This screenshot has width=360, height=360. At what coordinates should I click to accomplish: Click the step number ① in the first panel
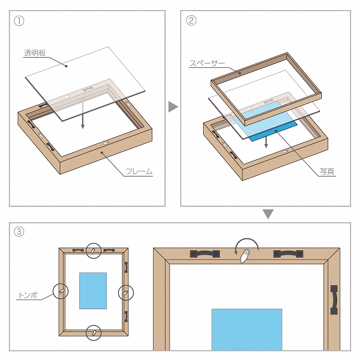19,21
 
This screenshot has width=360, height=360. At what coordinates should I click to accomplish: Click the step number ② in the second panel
191,20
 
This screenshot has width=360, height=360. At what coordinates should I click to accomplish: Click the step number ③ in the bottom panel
19,231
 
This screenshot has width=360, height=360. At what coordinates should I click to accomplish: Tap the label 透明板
35,53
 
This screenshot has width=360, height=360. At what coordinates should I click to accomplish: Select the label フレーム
139,171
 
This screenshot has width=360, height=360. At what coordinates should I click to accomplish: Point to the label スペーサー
208,63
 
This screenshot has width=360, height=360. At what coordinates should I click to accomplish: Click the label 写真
327,171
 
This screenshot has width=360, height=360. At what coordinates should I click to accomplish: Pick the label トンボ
28,295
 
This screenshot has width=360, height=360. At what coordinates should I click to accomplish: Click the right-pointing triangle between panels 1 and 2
173,107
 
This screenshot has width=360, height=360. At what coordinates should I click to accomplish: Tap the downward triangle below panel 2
268,214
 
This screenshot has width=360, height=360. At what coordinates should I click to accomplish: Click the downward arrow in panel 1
83,112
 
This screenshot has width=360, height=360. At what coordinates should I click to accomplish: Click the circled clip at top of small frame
93,251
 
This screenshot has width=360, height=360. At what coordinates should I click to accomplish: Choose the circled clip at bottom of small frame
93,333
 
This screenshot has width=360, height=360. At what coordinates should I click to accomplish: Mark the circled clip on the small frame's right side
126,293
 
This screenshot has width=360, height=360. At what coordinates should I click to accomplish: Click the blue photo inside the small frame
93,291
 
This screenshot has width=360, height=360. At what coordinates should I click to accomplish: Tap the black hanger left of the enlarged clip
205,254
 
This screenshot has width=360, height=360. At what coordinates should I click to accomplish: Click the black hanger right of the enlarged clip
288,254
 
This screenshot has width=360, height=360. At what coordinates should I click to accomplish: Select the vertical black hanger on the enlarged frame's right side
334,300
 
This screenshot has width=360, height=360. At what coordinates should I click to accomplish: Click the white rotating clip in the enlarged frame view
244,257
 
